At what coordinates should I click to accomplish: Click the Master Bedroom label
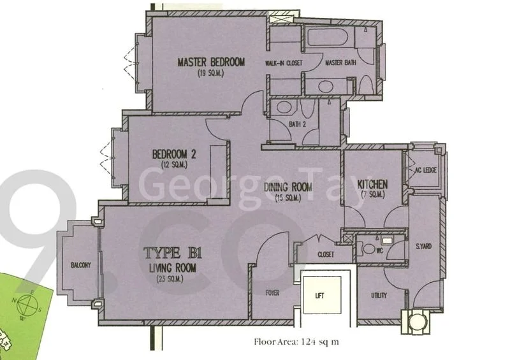[211, 62]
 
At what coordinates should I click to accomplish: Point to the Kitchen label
[373, 184]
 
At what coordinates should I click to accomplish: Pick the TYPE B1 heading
[171, 252]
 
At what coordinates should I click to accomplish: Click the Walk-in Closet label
[284, 64]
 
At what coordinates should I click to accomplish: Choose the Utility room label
[380, 295]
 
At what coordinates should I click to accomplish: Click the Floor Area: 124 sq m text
[296, 342]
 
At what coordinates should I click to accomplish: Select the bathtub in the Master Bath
[328, 36]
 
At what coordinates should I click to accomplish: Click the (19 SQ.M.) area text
[211, 73]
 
